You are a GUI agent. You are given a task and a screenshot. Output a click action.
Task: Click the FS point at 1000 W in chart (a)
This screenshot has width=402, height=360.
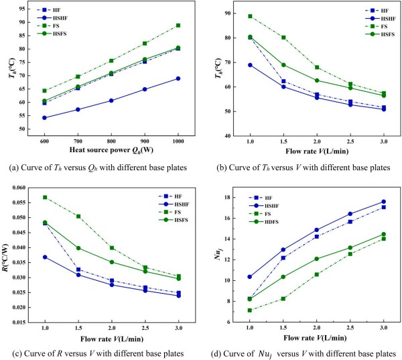[178, 25]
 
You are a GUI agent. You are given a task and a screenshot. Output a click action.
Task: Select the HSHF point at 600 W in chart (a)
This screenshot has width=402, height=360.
[44, 117]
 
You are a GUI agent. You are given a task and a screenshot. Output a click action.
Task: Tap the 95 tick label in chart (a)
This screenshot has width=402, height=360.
[23, 10]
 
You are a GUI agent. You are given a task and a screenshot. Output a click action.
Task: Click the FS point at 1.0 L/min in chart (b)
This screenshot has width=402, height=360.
[250, 16]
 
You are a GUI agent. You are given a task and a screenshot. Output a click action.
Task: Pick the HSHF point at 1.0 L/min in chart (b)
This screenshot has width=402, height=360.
[250, 65]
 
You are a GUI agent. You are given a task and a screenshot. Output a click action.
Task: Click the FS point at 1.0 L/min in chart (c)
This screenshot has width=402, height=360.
[44, 198]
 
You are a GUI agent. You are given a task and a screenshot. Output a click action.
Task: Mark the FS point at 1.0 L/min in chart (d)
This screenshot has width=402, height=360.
[250, 310]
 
